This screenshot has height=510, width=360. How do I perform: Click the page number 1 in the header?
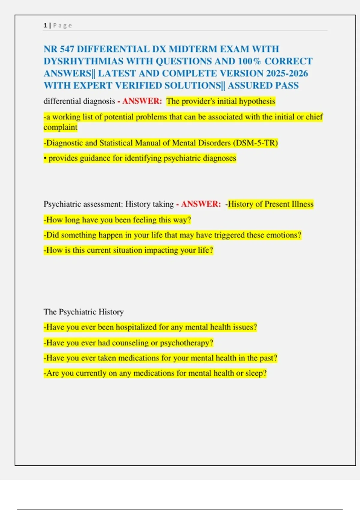(x=45, y=25)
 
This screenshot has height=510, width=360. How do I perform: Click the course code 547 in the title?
(x=67, y=49)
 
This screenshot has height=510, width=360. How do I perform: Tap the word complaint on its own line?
(x=60, y=127)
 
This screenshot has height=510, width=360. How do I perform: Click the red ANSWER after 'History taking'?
(x=201, y=204)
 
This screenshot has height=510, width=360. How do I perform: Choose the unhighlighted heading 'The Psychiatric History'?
(x=83, y=312)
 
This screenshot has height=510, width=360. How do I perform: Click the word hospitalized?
(x=136, y=327)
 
